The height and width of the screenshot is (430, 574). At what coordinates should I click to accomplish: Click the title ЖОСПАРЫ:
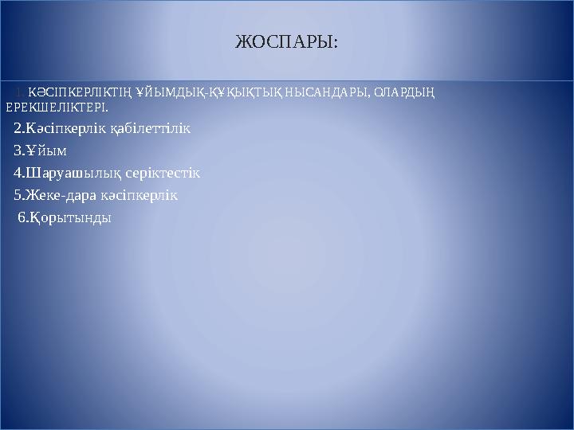click(286, 41)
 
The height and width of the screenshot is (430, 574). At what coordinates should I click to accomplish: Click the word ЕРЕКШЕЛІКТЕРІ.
click(55, 106)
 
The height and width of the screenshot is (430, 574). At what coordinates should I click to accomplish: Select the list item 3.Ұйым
click(40, 150)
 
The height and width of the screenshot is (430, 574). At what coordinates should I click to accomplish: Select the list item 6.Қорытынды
click(65, 217)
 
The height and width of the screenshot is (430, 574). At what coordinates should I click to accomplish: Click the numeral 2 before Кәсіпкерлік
click(18, 128)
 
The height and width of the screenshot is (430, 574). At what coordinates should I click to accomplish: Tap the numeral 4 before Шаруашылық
click(18, 173)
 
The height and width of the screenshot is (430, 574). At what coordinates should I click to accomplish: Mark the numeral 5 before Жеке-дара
click(18, 195)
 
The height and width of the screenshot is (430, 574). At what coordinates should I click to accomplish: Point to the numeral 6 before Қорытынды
click(21, 217)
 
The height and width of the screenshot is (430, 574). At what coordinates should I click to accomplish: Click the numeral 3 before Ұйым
click(18, 150)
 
